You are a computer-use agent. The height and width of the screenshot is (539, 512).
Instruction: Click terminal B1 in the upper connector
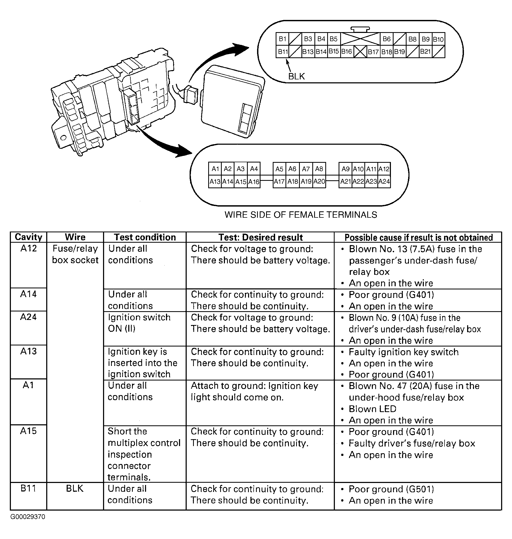tap(282, 39)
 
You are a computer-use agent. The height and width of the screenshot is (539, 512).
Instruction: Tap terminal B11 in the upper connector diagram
tap(282, 52)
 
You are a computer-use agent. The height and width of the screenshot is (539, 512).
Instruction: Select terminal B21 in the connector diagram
tap(425, 52)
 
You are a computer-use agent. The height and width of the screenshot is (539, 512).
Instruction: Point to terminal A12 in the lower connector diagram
tap(384, 169)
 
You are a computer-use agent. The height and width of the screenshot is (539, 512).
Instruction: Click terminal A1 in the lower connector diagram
tap(215, 169)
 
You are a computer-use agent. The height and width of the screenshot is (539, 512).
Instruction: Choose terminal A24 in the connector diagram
tap(384, 182)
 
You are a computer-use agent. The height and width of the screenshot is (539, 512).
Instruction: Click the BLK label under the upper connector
tap(296, 76)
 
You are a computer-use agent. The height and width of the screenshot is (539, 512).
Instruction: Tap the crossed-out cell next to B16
tap(360, 52)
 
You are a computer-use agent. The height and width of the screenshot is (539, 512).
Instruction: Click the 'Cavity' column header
tap(28, 237)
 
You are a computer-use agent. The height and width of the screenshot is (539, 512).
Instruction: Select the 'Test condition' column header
tap(145, 237)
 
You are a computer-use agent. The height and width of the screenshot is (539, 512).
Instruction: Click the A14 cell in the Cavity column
tap(28, 294)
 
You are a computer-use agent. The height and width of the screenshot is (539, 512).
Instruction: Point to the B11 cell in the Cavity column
tap(28, 489)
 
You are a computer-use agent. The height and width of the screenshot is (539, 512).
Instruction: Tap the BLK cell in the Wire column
tap(75, 489)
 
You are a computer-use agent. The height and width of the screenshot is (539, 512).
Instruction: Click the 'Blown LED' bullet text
tap(372, 409)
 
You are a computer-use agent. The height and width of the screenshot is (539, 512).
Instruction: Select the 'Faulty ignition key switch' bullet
tap(403, 352)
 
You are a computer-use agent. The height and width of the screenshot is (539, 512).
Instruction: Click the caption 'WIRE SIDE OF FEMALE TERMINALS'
tap(301, 215)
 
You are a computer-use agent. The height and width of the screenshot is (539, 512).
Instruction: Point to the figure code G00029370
tap(28, 517)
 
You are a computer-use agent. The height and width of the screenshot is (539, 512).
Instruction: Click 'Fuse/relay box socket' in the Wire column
tap(75, 254)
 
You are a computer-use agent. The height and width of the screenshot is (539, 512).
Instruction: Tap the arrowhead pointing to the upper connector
tap(240, 49)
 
